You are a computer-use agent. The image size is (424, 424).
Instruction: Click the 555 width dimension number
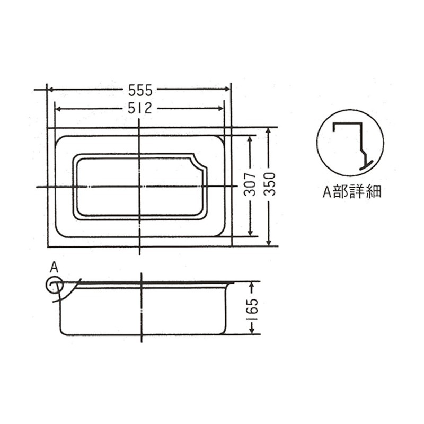[140, 90]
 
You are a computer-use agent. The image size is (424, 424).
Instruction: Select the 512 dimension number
[140, 109]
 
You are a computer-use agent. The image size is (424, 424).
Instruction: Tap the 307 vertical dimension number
[250, 184]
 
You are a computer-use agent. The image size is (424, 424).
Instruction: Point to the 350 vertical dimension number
[269, 184]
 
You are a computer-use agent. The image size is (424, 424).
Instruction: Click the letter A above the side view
[55, 268]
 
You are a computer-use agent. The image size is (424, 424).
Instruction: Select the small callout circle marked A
[55, 285]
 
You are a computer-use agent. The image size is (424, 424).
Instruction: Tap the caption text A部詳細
[352, 192]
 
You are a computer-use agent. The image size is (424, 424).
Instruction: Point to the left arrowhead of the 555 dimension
[51, 89]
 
